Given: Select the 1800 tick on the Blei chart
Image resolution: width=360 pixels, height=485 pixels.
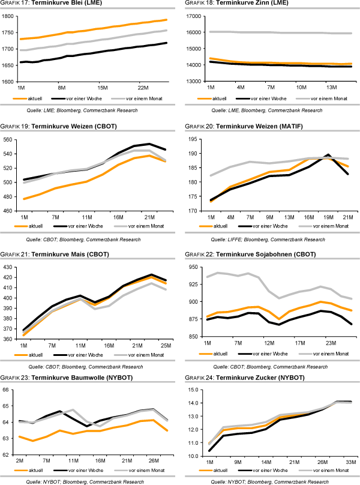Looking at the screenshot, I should tap(9, 16).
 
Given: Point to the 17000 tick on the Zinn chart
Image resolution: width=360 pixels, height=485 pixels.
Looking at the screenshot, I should tap(193, 16).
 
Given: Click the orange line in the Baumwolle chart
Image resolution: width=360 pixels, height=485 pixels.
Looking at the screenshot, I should tap(90, 431).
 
